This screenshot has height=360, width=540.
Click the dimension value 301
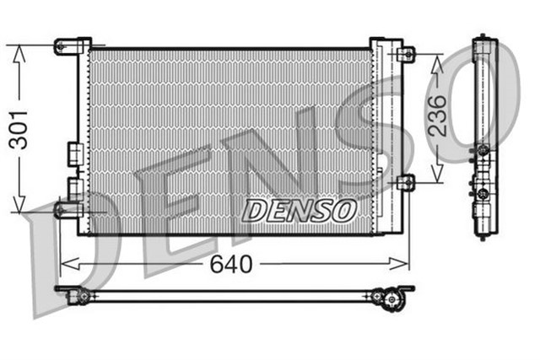[x=19, y=129]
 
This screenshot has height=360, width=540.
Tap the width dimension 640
[x=230, y=265]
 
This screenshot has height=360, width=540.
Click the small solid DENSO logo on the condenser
[x=300, y=210]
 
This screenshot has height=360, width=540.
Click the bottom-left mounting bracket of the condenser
[x=69, y=208]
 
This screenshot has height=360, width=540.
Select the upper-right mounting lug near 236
[x=405, y=54]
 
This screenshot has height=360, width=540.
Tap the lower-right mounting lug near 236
[x=405, y=181]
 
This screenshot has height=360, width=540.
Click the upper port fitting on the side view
[x=483, y=152]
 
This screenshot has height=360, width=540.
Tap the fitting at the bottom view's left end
[x=81, y=294]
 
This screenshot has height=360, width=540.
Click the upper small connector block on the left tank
[x=74, y=154]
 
